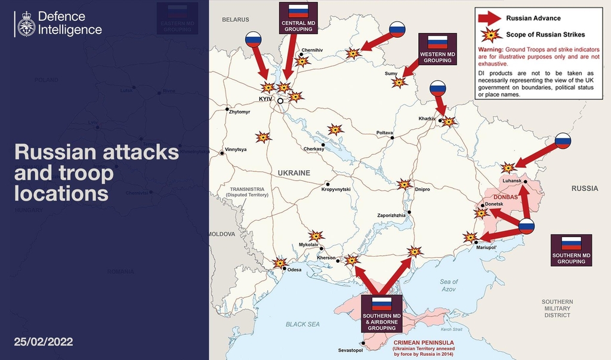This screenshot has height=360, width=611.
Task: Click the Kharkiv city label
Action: (x=427, y=118)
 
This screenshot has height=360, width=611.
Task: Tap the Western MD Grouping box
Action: (x=438, y=49)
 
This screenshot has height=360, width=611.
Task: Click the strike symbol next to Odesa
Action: (x=279, y=263)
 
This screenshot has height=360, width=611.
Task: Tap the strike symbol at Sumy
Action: (x=399, y=82)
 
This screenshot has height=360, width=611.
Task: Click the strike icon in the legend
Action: (x=491, y=34)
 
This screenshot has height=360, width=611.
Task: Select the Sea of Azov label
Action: (x=449, y=285)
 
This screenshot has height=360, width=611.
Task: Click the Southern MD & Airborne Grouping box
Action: (x=382, y=313)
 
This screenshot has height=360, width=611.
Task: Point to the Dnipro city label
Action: (x=422, y=189)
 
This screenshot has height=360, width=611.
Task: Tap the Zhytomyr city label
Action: (x=239, y=112)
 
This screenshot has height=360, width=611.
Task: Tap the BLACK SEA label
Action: (x=303, y=324)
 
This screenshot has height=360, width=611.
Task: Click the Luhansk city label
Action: (x=512, y=180)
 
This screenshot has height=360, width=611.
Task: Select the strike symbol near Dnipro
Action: (x=405, y=184)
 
